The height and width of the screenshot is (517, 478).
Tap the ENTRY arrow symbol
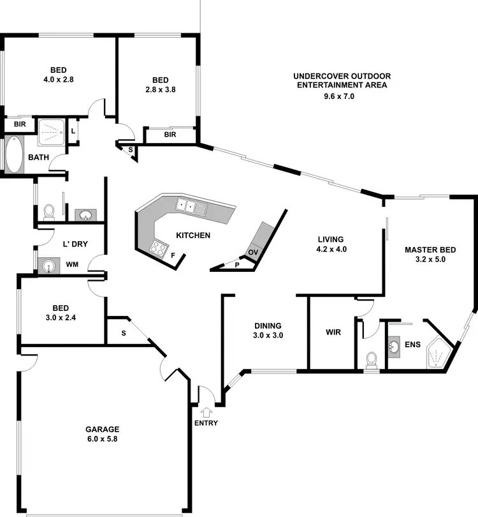[205, 412]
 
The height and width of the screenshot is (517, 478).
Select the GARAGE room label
[103, 430]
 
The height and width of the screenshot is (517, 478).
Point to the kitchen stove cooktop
[157, 248]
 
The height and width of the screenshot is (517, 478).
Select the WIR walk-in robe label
[333, 333]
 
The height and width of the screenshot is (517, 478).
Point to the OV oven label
[252, 252]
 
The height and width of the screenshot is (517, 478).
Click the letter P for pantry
[237, 264]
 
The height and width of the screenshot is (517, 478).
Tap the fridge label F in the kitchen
[173, 255]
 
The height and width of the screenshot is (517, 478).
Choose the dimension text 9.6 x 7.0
[338, 96]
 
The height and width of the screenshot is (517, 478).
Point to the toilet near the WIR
[372, 361]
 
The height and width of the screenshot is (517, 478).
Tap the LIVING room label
[331, 239]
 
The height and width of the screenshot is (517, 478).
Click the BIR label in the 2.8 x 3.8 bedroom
[170, 135]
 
